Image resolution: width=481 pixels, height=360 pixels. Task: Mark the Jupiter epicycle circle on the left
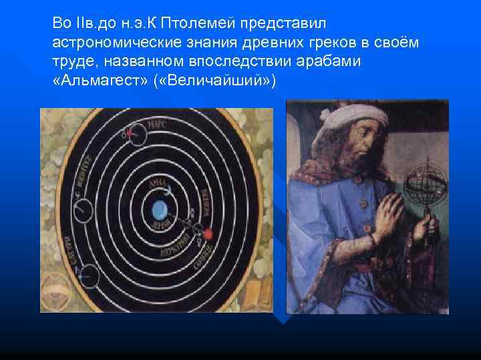point(84,211)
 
